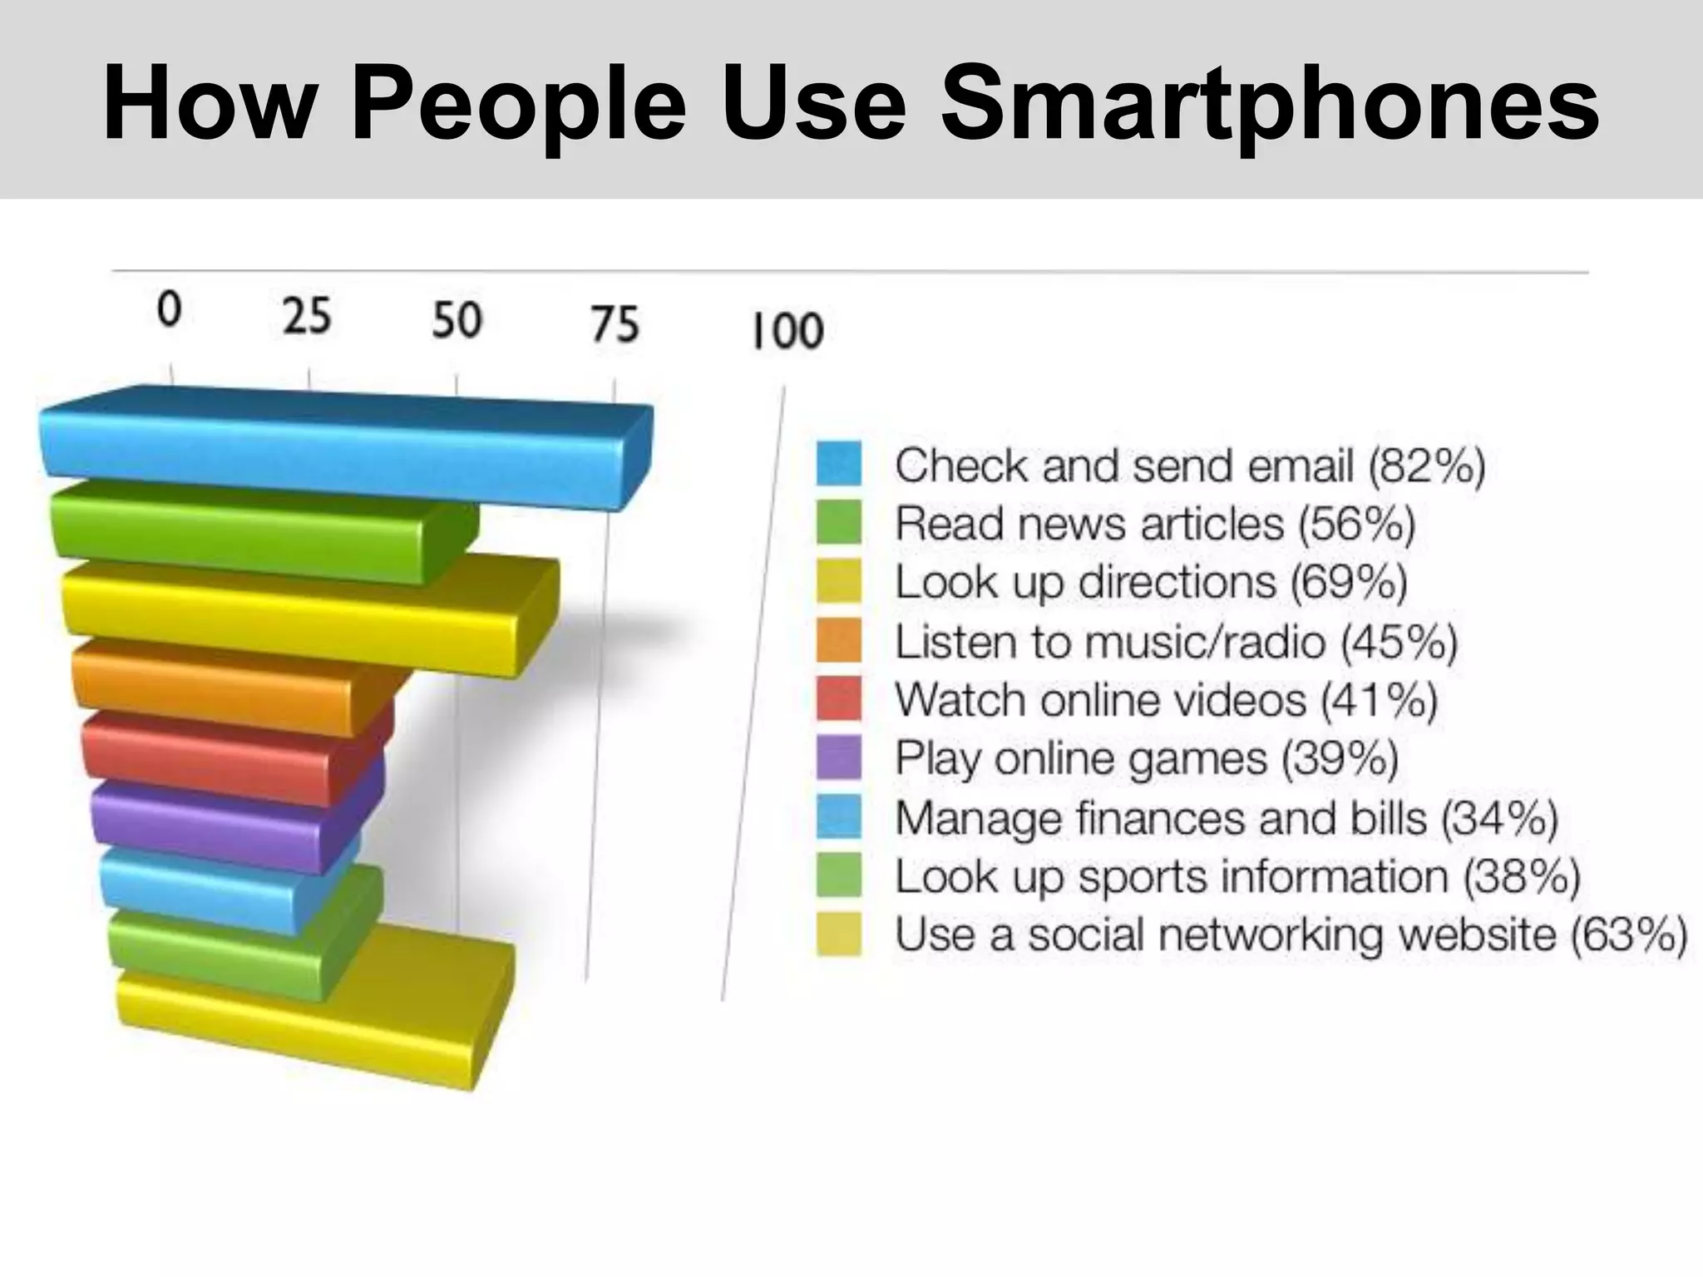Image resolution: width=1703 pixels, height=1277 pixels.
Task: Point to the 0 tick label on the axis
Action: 169,310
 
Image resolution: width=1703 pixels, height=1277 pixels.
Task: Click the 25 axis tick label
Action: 307,317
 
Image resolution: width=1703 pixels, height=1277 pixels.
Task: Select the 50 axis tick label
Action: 457,320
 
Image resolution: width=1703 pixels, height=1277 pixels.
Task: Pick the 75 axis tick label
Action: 615,324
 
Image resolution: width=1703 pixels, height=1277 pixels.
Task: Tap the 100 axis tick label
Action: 787,330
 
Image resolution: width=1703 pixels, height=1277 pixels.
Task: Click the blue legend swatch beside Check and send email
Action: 838,464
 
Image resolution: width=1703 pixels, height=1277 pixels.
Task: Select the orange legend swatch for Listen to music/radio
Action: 838,640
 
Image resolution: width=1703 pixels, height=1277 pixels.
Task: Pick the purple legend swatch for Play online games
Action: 838,757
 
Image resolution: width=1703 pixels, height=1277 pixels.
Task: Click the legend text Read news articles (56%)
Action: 1154,524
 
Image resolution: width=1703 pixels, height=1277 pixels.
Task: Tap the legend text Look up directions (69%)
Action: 1150,582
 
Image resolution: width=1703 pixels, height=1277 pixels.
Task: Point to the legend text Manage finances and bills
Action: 1161,817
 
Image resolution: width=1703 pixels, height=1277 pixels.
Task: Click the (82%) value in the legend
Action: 1426,465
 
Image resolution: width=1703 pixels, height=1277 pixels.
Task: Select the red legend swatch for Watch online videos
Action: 838,699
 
